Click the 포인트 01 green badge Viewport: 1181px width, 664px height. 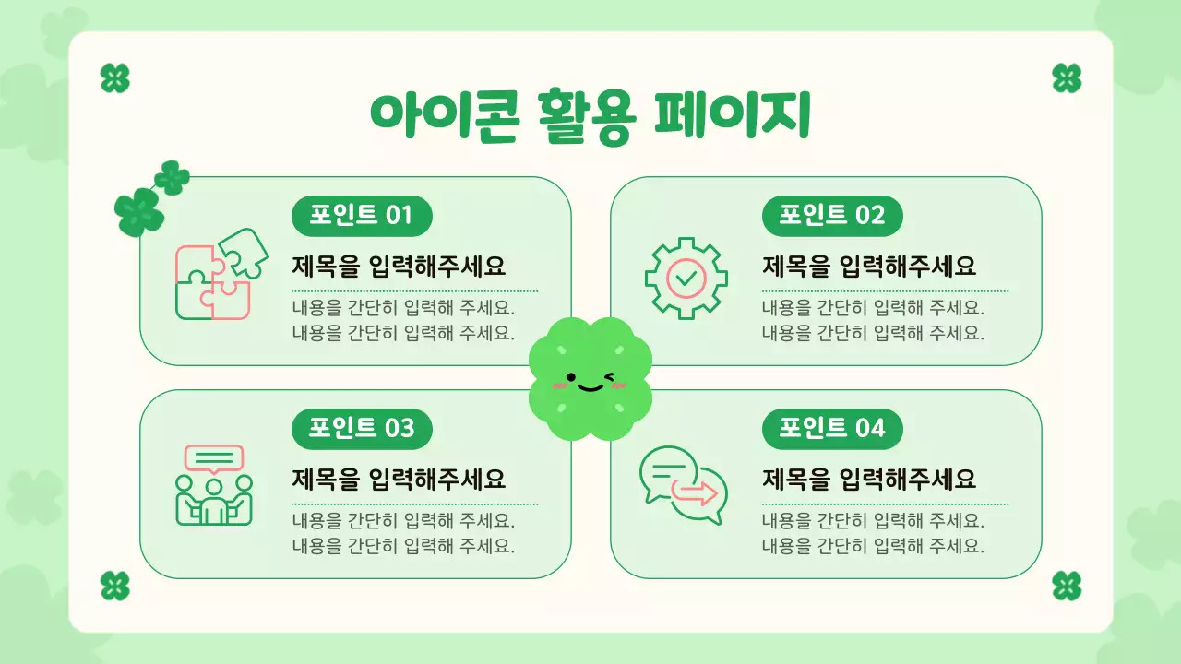(x=362, y=216)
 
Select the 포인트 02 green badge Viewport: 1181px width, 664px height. (x=831, y=216)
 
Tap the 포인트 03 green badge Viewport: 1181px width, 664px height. (x=362, y=429)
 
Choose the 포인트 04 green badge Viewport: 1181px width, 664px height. (x=831, y=429)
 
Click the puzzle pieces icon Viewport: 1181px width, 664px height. (x=221, y=274)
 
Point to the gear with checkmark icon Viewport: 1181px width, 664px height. (x=686, y=278)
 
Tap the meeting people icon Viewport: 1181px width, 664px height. (x=214, y=486)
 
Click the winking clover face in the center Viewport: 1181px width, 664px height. (x=590, y=379)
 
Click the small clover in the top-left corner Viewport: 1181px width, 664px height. (x=114, y=78)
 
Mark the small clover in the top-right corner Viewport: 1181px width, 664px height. (x=1067, y=78)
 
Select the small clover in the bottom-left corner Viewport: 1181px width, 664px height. (x=114, y=586)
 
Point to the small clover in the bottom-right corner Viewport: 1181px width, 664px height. (x=1067, y=586)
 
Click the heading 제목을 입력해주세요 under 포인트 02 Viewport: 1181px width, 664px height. (x=869, y=267)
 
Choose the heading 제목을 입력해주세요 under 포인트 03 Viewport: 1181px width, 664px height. (x=399, y=480)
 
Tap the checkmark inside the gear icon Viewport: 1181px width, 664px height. (x=686, y=277)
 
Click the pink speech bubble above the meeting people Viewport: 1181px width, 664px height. (x=214, y=458)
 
